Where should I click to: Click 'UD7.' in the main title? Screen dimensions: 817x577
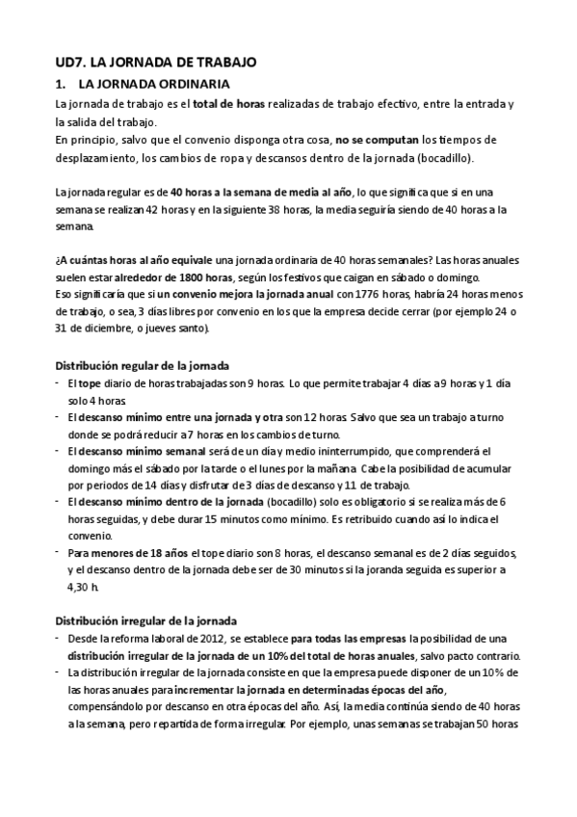pyautogui.click(x=70, y=61)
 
